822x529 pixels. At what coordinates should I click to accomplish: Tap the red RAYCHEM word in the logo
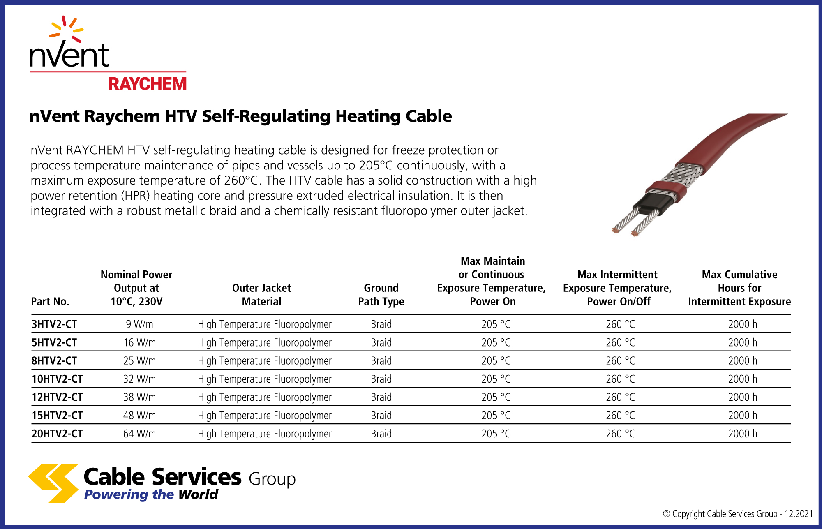coord(148,84)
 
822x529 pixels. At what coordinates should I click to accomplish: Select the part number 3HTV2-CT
coord(54,324)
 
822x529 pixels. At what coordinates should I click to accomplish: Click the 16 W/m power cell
coord(140,342)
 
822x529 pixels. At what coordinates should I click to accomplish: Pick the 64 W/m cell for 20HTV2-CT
coord(140,434)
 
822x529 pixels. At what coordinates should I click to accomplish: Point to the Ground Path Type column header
coord(381,295)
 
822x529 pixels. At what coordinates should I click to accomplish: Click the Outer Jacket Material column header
coord(262,295)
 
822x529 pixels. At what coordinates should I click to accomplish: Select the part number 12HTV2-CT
coord(57,397)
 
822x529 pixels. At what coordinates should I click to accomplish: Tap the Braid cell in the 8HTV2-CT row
coord(381,360)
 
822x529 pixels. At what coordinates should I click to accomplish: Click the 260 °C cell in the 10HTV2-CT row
coord(620,379)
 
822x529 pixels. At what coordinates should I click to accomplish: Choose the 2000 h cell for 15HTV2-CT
coord(743,416)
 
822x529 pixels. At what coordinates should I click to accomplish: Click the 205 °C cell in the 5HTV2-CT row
coord(496,342)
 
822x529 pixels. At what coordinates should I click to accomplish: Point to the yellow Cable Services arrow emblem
coord(53,483)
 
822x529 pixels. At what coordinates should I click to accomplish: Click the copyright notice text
coord(738,514)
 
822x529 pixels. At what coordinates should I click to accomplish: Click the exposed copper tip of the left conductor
coord(615,230)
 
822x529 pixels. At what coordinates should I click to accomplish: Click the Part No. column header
coord(50,302)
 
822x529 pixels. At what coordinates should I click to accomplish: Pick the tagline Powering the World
coord(151,494)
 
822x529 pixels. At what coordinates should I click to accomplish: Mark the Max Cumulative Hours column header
coord(739,288)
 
